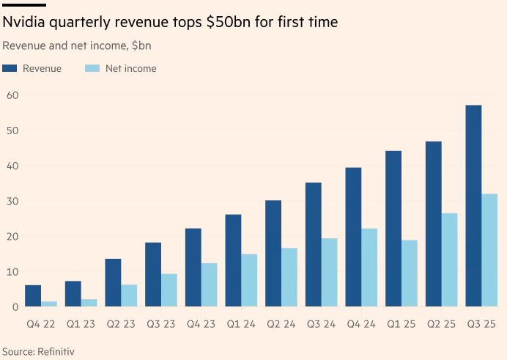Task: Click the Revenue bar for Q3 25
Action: point(473,206)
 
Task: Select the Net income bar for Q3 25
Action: point(489,250)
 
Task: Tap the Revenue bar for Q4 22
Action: point(33,295)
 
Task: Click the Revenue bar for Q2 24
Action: point(273,254)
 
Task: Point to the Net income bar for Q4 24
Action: point(369,268)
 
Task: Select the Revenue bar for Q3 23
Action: point(153,274)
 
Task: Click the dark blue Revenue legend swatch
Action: point(10,68)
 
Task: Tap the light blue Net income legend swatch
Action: point(92,68)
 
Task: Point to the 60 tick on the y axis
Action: point(12,95)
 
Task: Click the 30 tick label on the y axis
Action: point(12,201)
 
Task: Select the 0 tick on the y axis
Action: point(15,306)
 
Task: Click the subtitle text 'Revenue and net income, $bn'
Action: point(77,45)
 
